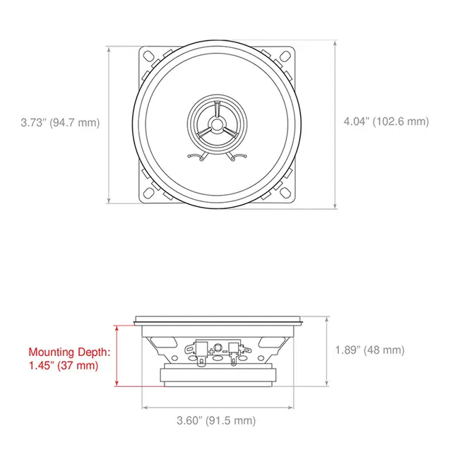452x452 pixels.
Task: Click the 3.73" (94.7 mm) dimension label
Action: point(60,122)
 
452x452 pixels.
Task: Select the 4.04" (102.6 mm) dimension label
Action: point(386,121)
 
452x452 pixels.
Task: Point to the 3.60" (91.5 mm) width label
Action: point(216,421)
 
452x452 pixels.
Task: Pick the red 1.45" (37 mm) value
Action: point(64,366)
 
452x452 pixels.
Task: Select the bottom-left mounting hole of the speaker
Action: point(149,194)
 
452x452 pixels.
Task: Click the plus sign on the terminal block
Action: point(211,351)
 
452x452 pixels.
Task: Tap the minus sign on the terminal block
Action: point(225,351)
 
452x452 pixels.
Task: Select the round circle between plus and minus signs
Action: point(218,347)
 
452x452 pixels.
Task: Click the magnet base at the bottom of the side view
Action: point(217,378)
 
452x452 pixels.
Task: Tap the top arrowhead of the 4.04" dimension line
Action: point(336,42)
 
